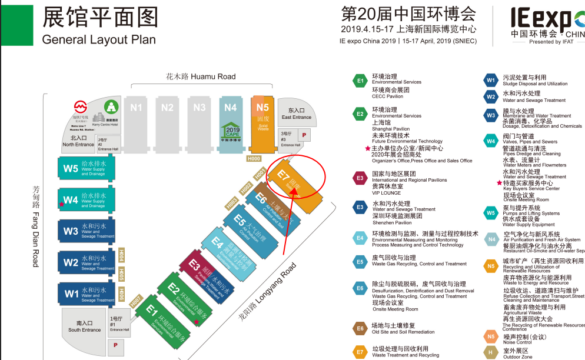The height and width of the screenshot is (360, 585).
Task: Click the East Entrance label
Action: pos(296,114)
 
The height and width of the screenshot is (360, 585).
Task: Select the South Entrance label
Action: pos(85,326)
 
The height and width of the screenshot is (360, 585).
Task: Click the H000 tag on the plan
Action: pos(254,158)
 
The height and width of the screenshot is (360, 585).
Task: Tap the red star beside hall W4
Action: pos(61,204)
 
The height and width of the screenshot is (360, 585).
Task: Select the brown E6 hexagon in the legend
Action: pos(360,328)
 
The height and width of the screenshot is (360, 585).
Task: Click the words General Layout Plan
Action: pos(99,39)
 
